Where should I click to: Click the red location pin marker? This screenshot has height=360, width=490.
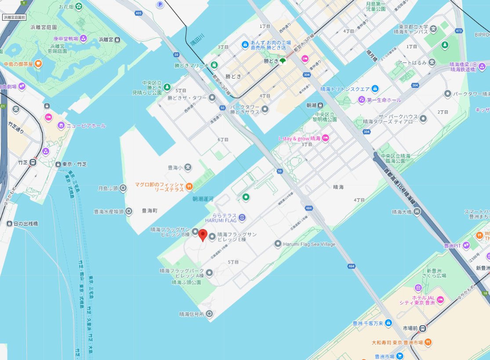(203, 235)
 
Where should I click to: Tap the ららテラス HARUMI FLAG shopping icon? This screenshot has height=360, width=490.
(242, 218)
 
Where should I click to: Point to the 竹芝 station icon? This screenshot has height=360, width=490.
(34, 162)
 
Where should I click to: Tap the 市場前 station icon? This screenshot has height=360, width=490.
(422, 328)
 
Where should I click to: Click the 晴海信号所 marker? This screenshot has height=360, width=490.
(209, 314)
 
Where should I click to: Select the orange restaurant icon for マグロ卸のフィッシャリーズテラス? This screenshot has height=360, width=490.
(189, 186)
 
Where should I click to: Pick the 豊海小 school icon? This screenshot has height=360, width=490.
(188, 167)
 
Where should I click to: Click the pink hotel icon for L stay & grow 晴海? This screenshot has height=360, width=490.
(326, 138)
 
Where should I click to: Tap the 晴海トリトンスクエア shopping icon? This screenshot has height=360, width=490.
(375, 89)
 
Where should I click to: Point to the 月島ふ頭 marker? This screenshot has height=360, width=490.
(123, 189)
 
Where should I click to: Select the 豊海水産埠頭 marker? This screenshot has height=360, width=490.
(129, 211)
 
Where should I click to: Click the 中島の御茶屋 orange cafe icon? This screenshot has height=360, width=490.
(38, 64)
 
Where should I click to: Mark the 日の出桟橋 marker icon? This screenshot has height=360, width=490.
(9, 223)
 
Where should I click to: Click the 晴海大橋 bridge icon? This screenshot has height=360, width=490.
(417, 212)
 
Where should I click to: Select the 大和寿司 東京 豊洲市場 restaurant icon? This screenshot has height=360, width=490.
(428, 342)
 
